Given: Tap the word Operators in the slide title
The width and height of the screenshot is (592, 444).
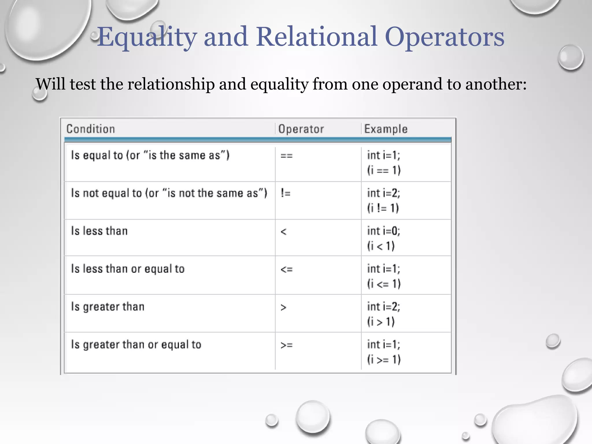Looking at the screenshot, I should coord(445,37).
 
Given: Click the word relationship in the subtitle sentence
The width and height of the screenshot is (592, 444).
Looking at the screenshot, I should coord(171,84).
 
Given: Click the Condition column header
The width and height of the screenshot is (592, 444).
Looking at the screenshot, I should coord(90,129).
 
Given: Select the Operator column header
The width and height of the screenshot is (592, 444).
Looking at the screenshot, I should coord(301,129).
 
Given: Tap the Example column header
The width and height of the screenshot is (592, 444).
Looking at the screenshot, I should coord(386,129).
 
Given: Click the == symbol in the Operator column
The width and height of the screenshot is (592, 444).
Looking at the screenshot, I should coord(286,156).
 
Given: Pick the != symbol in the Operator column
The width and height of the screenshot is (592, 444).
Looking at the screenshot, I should coord(285,193).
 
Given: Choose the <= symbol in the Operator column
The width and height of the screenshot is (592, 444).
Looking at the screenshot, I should coord(286,269).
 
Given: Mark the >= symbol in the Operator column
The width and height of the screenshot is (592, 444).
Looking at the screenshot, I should coord(286,345).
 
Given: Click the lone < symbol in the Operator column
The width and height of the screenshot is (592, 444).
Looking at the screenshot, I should coord(283,232).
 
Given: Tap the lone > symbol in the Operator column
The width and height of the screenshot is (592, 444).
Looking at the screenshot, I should coord(283,307).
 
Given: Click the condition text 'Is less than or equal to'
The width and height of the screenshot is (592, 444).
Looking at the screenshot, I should coord(128,269).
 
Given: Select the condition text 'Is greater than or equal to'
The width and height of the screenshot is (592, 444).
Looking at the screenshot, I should coord(136,345).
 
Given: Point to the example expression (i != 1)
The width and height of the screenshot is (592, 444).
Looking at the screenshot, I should coord(383,208).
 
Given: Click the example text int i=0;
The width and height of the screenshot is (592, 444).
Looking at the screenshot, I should coord(384,231).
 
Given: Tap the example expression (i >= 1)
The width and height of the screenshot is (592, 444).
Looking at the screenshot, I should coord(384,360).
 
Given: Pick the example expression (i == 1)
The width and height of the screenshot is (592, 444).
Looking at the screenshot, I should coord(384,170).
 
